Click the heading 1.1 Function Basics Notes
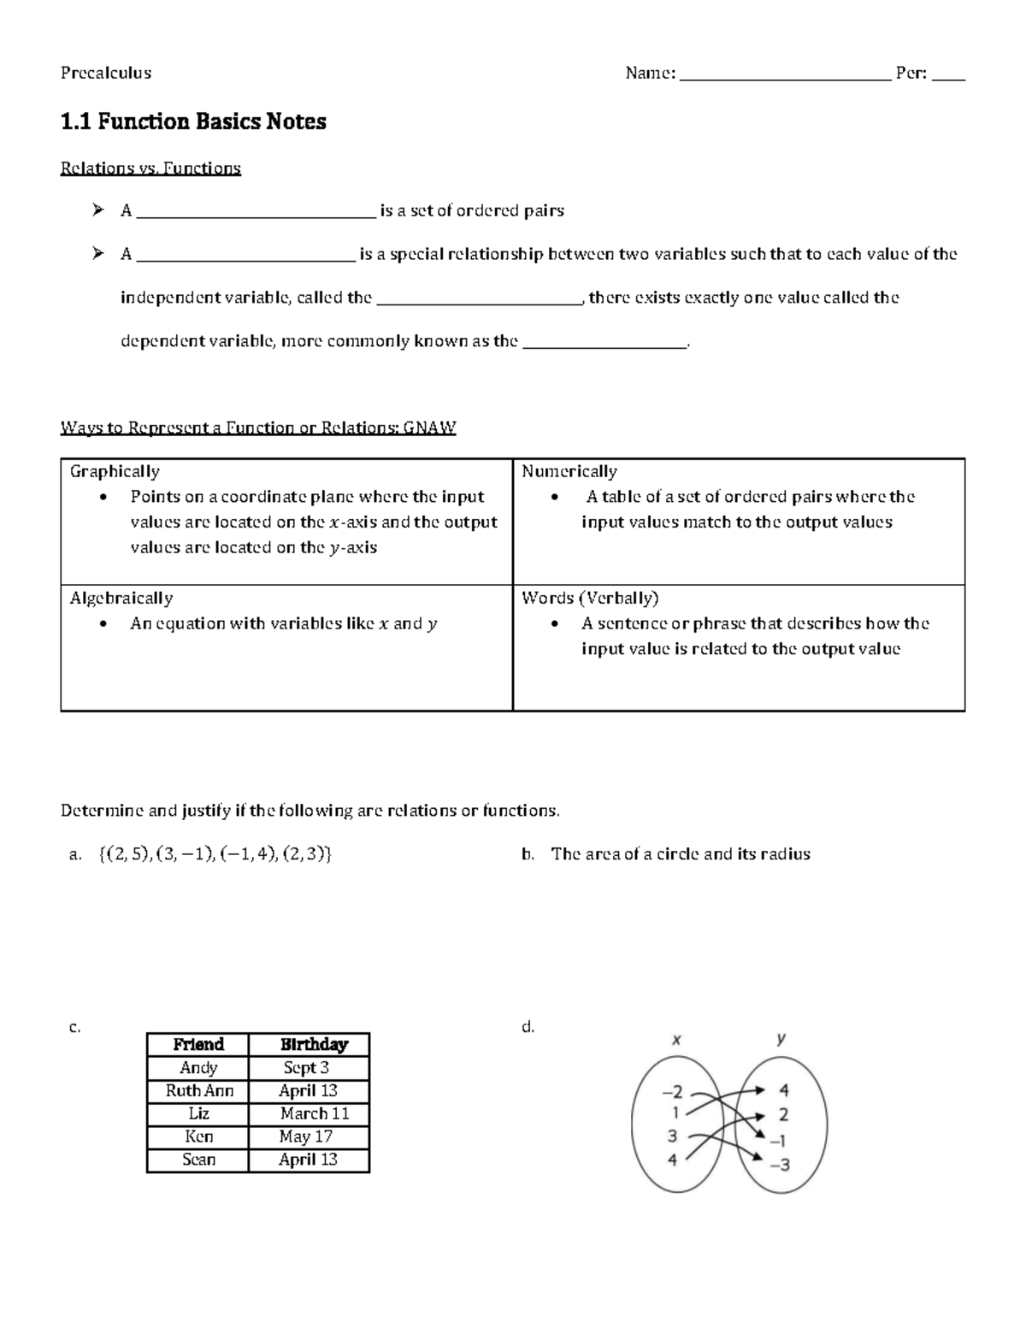tap(193, 121)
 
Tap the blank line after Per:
tap(948, 75)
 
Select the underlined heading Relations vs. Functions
tap(150, 168)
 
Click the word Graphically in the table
tap(115, 471)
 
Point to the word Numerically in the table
tap(569, 471)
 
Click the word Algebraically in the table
tap(121, 598)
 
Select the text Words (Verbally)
tap(590, 598)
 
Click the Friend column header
tap(198, 1044)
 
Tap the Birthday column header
tap(314, 1044)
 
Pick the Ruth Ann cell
tap(199, 1090)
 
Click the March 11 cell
tap(314, 1113)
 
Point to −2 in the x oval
tap(673, 1092)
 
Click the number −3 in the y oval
tap(779, 1165)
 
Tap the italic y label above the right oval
tap(781, 1038)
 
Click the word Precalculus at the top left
tap(105, 73)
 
